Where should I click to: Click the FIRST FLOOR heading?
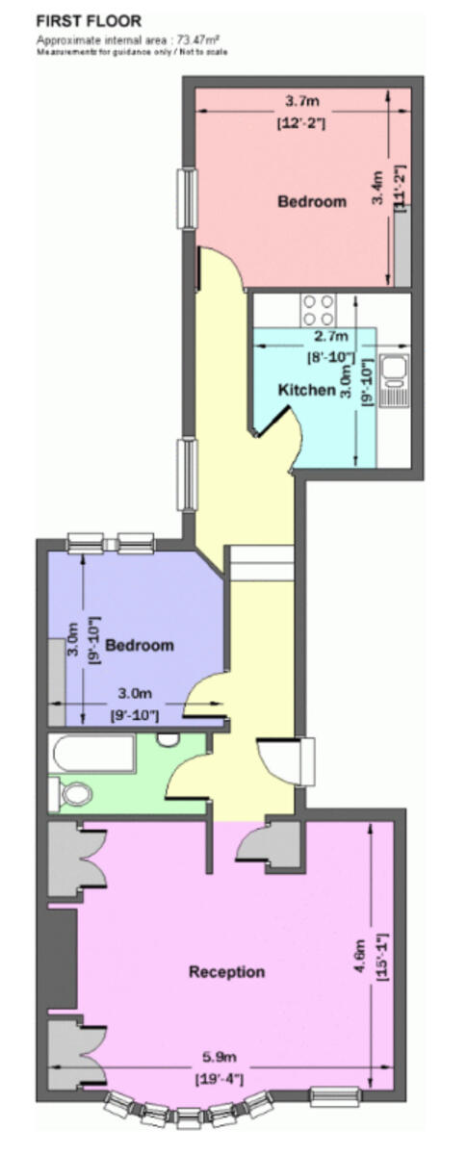click(x=89, y=20)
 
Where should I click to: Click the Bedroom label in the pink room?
click(x=311, y=201)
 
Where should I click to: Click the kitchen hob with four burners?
click(x=318, y=310)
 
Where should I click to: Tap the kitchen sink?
click(x=396, y=375)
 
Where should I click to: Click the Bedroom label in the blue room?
click(x=140, y=644)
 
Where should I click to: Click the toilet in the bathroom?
click(x=72, y=794)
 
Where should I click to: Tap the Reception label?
click(x=226, y=971)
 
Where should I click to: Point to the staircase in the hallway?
click(x=260, y=563)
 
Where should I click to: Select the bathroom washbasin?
click(x=169, y=740)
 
